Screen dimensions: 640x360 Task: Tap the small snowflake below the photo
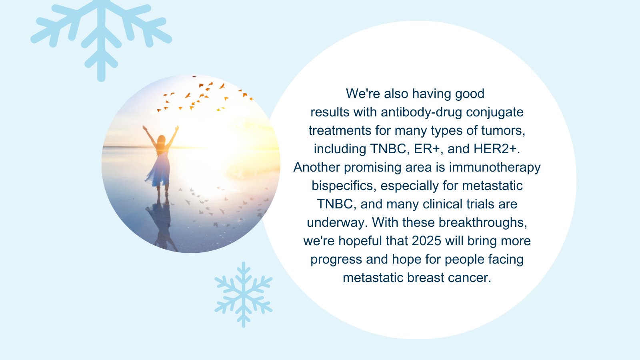pyautogui.click(x=244, y=294)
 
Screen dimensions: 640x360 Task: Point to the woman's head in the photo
pyautogui.click(x=162, y=140)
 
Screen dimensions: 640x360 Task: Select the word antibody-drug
pyautogui.click(x=422, y=112)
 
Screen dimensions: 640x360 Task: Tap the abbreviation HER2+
pyautogui.click(x=497, y=149)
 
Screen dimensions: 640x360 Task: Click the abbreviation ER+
pyautogui.click(x=428, y=149)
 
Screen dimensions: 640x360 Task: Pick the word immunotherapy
pyautogui.click(x=495, y=168)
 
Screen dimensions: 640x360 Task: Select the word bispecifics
pyautogui.click(x=342, y=186)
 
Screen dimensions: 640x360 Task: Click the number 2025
pyautogui.click(x=426, y=241)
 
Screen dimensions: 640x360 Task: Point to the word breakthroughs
pyautogui.click(x=483, y=222)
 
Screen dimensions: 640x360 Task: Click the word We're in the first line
pyautogui.click(x=363, y=94)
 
